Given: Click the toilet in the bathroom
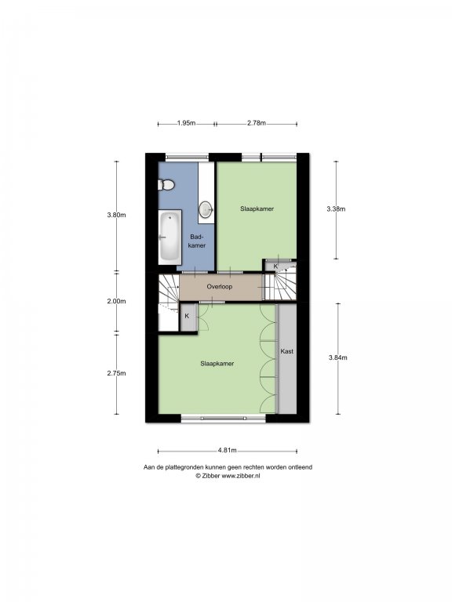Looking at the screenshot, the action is click(x=166, y=185).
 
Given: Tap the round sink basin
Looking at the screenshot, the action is click(x=206, y=209).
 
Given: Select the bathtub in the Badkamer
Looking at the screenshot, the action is click(x=169, y=237).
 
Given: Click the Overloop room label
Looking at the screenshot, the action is click(x=220, y=286).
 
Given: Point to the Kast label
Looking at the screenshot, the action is click(x=286, y=351).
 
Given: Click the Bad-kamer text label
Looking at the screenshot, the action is click(x=197, y=241).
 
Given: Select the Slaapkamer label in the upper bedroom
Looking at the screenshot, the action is click(x=257, y=209).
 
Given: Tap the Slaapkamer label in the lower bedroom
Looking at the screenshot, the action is click(x=217, y=364).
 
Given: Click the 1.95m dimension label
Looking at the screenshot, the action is click(x=187, y=123).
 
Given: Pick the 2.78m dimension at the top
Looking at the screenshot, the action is click(x=257, y=123).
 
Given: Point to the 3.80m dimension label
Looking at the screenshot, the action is click(x=116, y=215).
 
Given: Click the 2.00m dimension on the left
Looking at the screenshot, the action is click(x=116, y=301).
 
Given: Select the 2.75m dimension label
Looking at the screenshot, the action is click(x=116, y=373).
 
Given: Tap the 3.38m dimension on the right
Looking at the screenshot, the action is click(x=336, y=209).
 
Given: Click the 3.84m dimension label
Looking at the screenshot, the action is click(x=338, y=357).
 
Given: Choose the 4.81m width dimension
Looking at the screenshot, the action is click(x=227, y=451).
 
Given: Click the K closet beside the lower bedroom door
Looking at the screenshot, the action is click(x=188, y=317).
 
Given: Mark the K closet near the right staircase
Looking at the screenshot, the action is click(x=275, y=266).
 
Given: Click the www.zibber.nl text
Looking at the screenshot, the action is click(x=241, y=475).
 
